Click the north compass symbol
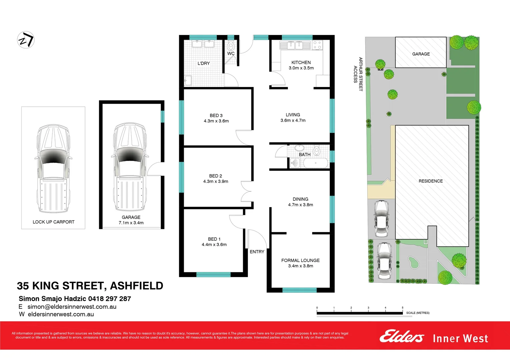[x=26, y=40]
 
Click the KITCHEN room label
[x=301, y=62]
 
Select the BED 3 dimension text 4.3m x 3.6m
[x=216, y=121]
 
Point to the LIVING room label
[x=293, y=115]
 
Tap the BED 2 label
[x=215, y=176]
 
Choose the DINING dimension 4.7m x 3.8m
[x=301, y=205]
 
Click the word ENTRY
[x=257, y=252]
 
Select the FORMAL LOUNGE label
[x=300, y=260]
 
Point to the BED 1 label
[x=214, y=239]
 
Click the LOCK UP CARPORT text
[x=53, y=222]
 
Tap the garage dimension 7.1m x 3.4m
[x=131, y=223]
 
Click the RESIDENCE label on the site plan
[x=431, y=181]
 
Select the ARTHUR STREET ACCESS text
[x=358, y=74]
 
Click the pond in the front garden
[x=413, y=262]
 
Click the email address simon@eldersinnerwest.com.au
[x=72, y=307]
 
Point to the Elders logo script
[x=402, y=337]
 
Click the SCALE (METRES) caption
[x=418, y=313]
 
